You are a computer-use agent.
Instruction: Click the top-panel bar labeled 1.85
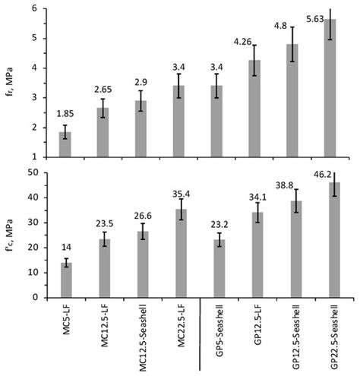pos(65,144)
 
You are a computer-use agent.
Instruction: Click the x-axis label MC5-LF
pos(66,326)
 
